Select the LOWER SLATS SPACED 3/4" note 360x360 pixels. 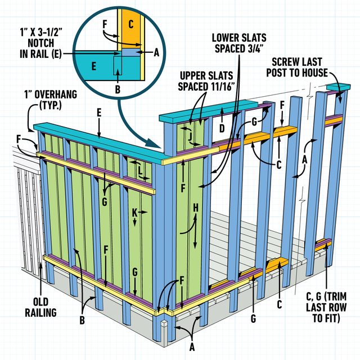pos(237,43)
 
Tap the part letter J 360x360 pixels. pos(191,135)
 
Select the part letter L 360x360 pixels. pos(140,168)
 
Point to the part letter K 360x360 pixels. pos(135,212)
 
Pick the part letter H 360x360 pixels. pos(195,209)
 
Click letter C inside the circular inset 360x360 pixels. pos(130,25)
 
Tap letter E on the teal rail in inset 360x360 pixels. pos(93,66)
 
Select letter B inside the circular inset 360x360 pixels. pos(116,89)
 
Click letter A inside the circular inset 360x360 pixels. pos(157,51)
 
